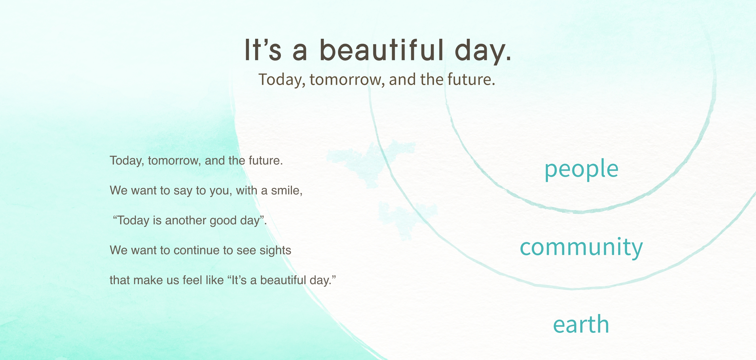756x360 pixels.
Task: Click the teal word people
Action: click(x=581, y=169)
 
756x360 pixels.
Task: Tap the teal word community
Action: click(x=581, y=247)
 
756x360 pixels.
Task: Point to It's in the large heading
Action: click(x=263, y=50)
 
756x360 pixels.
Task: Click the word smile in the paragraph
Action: click(x=286, y=191)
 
